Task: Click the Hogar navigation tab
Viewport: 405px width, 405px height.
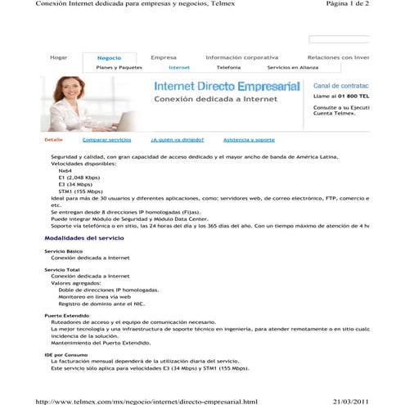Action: coord(58,58)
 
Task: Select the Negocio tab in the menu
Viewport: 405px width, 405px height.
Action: coord(109,58)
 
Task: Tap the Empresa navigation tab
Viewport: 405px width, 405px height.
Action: coord(164,58)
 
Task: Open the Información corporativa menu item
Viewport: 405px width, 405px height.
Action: coord(241,58)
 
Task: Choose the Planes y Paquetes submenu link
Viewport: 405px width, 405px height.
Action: coord(119,68)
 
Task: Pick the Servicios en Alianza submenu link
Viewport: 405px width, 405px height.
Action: coord(292,68)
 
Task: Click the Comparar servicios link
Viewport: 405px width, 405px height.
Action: coord(106,140)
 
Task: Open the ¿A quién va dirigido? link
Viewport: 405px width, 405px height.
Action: coord(177,140)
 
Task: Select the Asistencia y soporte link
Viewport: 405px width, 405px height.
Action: coord(249,140)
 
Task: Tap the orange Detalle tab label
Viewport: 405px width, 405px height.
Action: coord(53,140)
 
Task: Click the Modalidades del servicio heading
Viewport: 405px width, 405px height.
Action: coord(83,237)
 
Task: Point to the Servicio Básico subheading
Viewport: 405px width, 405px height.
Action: coord(63,250)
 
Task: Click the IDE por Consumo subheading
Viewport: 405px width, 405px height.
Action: coord(65,354)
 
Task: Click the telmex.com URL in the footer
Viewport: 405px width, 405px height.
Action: coord(147,401)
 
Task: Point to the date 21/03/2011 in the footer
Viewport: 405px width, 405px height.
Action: coord(352,401)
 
